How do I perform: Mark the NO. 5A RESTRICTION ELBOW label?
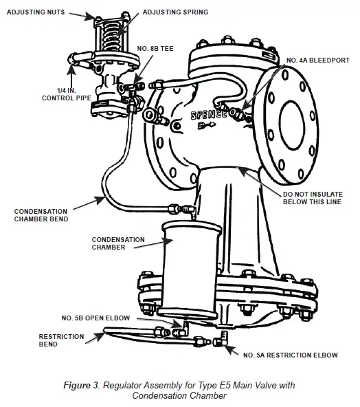(x=291, y=355)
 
